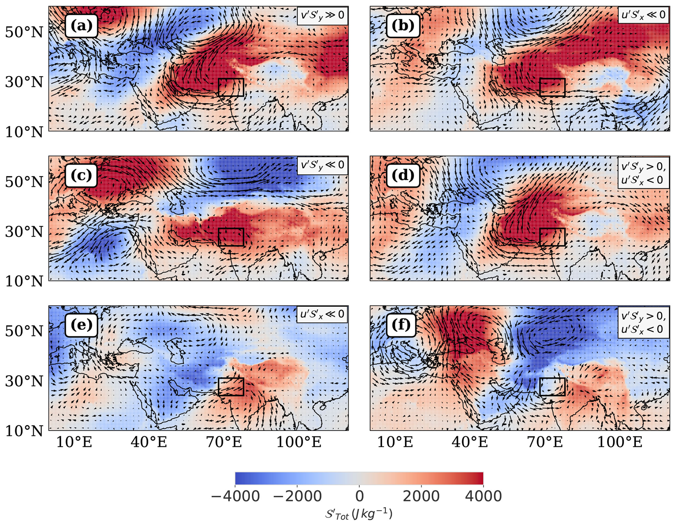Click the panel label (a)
[81, 26]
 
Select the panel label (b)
[403, 26]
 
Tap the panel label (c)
[81, 176]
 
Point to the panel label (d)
[403, 176]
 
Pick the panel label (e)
[81, 325]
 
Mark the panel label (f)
[401, 325]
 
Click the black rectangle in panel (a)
[231, 87]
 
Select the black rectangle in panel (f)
[552, 387]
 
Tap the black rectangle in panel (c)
[231, 237]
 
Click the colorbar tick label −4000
[235, 496]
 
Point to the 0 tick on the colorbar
[359, 496]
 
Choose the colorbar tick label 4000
[483, 496]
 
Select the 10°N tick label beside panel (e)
[24, 431]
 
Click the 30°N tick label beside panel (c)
[24, 232]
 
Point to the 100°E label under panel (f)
[620, 442]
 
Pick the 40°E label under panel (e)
[149, 442]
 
